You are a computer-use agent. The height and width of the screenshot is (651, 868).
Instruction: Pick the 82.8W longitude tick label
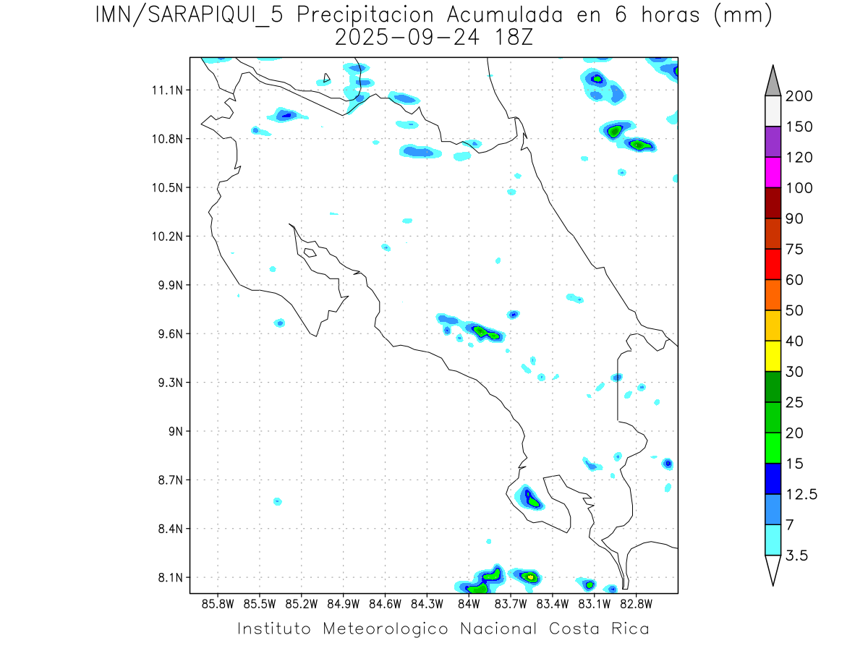(636, 603)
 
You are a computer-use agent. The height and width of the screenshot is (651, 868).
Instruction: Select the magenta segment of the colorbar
(773, 172)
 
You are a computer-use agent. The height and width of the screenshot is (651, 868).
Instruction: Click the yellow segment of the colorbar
(773, 355)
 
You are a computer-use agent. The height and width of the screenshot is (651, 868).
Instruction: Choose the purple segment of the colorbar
(773, 142)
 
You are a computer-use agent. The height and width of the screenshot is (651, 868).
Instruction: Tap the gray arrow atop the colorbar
(773, 80)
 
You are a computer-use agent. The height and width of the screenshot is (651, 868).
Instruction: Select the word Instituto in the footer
(274, 629)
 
